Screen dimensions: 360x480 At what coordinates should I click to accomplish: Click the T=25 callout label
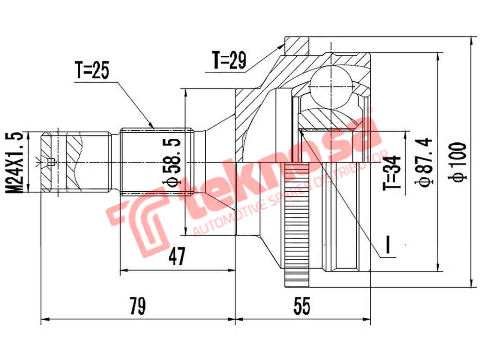coord(92,71)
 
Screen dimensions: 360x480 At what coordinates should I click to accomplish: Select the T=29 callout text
coord(229,61)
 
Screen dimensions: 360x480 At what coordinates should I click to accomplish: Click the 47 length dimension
coord(177,257)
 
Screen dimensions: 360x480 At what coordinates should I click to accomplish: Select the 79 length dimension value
coord(138,307)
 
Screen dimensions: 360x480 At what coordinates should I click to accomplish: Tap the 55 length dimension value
coord(302,307)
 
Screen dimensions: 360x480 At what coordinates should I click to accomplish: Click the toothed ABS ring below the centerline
coord(297,225)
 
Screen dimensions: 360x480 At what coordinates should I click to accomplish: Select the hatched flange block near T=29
coord(297,46)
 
